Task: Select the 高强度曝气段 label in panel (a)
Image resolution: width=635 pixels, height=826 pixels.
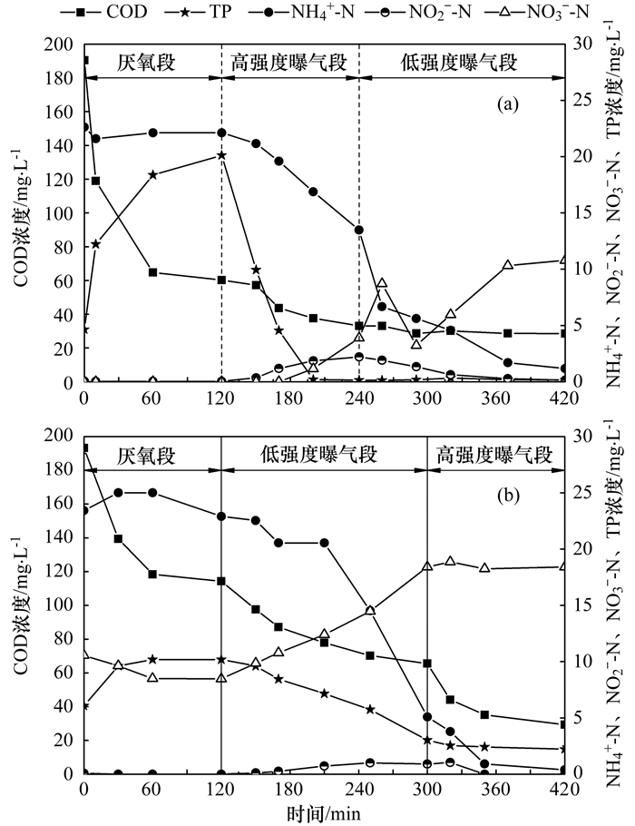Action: (289, 63)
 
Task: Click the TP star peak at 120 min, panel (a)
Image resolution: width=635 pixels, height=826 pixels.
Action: (221, 155)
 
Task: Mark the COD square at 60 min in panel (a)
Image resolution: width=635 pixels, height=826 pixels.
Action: (152, 272)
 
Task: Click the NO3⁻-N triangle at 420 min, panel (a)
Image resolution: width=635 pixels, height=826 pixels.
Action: (563, 261)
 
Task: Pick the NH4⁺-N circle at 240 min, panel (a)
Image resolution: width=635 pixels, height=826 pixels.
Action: (359, 230)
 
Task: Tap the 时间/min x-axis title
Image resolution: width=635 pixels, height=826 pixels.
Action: (323, 814)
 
